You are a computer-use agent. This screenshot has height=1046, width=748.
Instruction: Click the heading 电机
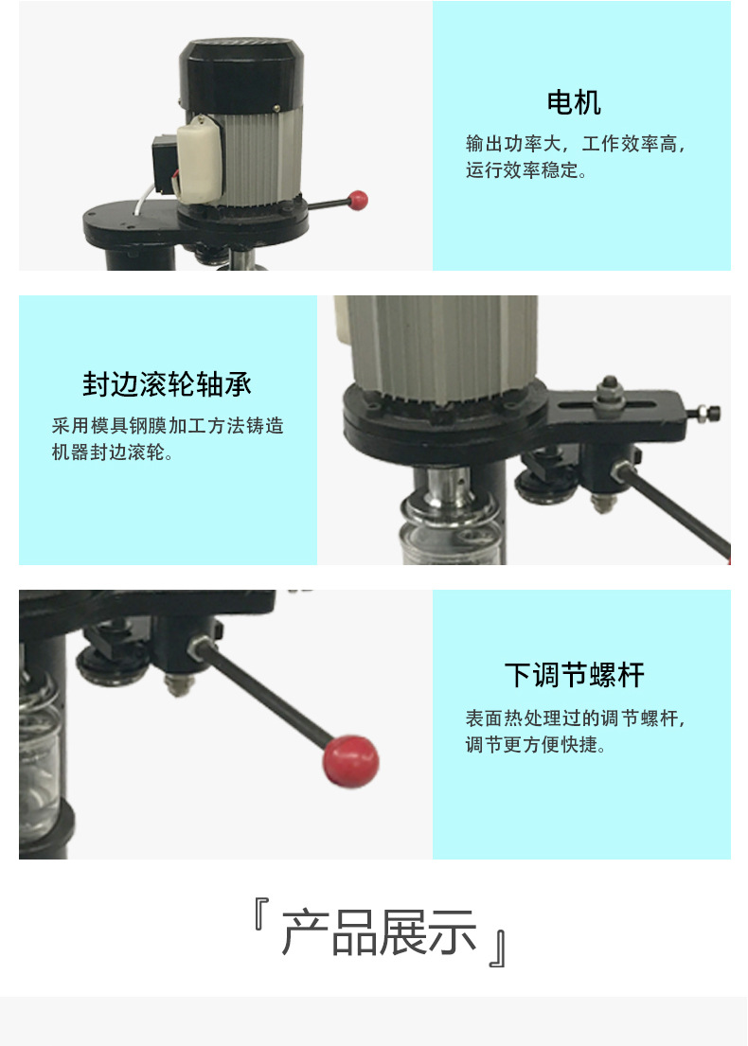point(574,103)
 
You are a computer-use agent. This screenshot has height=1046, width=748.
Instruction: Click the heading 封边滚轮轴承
point(167,384)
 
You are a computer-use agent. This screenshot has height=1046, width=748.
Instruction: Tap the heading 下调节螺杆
point(575,675)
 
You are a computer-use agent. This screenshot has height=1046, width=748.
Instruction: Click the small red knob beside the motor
point(358,200)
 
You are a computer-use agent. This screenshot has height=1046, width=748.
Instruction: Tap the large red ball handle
point(350,760)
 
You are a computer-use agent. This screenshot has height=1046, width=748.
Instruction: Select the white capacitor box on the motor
point(198,159)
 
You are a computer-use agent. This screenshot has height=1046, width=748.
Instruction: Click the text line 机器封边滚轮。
point(112,452)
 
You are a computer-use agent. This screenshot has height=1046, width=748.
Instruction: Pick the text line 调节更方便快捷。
point(535,744)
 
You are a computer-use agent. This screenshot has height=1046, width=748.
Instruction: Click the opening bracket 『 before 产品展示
point(261,913)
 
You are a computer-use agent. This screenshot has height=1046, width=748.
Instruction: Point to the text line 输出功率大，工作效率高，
point(576,144)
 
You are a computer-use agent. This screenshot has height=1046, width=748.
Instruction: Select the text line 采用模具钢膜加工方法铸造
point(168,426)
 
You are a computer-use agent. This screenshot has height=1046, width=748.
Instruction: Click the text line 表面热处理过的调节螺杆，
point(576,718)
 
